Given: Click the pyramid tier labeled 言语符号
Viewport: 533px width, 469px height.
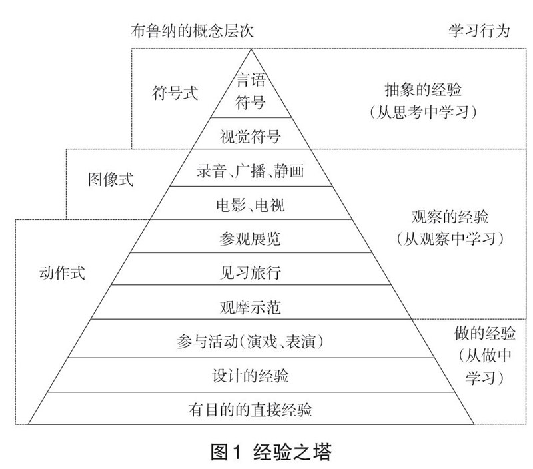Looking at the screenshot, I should tap(251, 91).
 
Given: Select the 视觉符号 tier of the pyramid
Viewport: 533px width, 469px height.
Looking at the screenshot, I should tap(251, 137).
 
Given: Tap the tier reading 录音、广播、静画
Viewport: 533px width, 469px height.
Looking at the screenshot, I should tap(251, 171).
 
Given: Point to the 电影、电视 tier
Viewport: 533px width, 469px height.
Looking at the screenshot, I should tap(251, 205).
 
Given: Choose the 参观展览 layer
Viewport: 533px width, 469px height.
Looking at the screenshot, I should tap(251, 238).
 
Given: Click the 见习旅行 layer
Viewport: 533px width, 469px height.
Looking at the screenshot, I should tap(251, 272).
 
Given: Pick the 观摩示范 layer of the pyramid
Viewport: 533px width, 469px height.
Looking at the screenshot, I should tap(251, 307).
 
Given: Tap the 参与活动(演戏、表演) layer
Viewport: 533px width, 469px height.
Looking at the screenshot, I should tap(251, 342).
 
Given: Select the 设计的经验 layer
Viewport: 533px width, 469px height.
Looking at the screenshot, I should tap(251, 376).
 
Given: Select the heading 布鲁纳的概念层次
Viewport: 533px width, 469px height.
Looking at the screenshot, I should tap(193, 31).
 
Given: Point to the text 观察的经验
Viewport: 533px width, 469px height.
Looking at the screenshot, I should tap(449, 217).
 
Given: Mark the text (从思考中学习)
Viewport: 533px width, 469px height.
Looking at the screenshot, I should tap(423, 111).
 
